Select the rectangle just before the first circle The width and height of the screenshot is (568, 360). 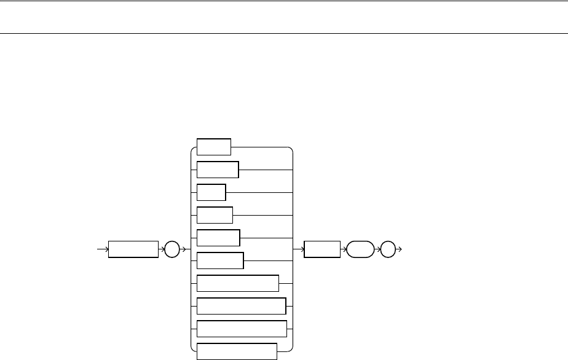click(x=133, y=249)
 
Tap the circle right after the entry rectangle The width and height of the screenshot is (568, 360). click(x=171, y=249)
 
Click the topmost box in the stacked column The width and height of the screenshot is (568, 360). click(x=214, y=147)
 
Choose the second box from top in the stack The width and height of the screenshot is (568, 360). click(x=218, y=170)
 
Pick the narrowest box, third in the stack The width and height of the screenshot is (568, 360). click(x=211, y=192)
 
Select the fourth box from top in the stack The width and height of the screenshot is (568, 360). click(x=215, y=215)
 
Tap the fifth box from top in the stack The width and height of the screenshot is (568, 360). click(x=218, y=238)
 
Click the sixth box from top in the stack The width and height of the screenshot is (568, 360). click(x=220, y=260)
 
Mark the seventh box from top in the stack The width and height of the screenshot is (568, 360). click(x=238, y=283)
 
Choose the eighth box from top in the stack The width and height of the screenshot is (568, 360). click(x=242, y=306)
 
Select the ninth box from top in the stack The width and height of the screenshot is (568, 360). click(x=242, y=329)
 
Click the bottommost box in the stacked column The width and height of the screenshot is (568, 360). click(x=237, y=351)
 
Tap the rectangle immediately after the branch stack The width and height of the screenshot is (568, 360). click(x=322, y=249)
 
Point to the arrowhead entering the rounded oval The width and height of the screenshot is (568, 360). click(x=344, y=249)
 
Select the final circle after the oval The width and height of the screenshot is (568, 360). click(x=389, y=249)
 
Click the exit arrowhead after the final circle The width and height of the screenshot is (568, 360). click(x=400, y=249)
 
